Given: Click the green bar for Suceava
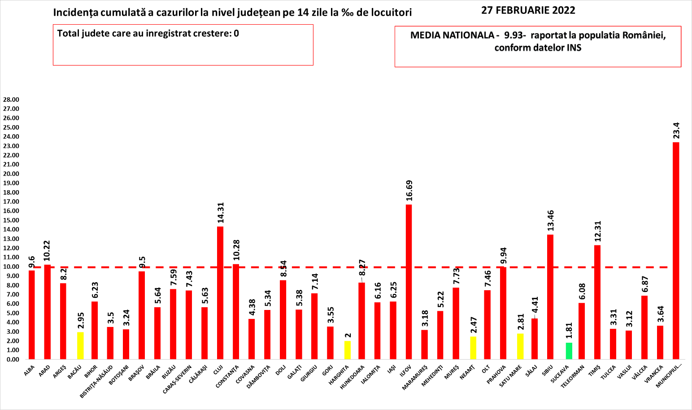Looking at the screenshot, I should click(x=569, y=351).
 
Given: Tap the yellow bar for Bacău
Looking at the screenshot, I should click(x=80, y=345).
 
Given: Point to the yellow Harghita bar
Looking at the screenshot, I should click(x=347, y=350).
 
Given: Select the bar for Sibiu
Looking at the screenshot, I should click(x=550, y=297).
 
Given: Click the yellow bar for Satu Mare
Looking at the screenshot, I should click(x=520, y=346).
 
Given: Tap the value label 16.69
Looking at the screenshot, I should click(x=409, y=192).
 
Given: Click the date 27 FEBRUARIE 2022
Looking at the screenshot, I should click(x=528, y=10).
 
